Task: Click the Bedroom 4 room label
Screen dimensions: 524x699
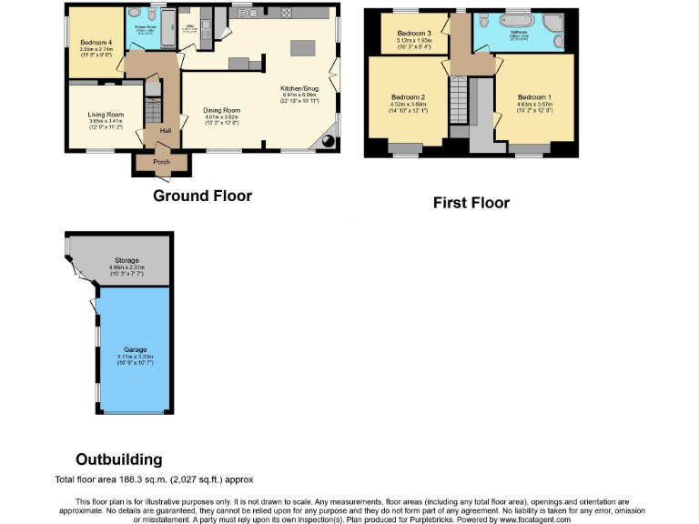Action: [x=96, y=43]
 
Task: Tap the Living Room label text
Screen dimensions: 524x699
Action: [x=106, y=114]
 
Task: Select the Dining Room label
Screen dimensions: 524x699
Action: [x=220, y=110]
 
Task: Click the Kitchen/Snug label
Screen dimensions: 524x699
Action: [x=299, y=88]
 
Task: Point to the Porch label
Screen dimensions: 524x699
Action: [x=162, y=162]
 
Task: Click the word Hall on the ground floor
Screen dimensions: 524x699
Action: [x=166, y=131]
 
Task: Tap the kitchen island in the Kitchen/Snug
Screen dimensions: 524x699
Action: [x=299, y=46]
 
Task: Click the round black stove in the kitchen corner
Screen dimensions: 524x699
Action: [x=327, y=142]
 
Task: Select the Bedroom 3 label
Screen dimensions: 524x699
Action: [x=414, y=34]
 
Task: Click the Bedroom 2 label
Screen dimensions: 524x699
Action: [x=408, y=97]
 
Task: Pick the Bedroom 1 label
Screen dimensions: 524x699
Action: [x=533, y=97]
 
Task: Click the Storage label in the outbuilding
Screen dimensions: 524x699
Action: [x=127, y=259]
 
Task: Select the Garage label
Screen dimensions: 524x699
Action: [x=135, y=349]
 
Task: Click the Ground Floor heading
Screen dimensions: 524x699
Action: [x=202, y=196]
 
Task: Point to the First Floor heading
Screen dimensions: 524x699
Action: [x=471, y=202]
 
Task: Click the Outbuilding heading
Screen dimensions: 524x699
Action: [x=118, y=459]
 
